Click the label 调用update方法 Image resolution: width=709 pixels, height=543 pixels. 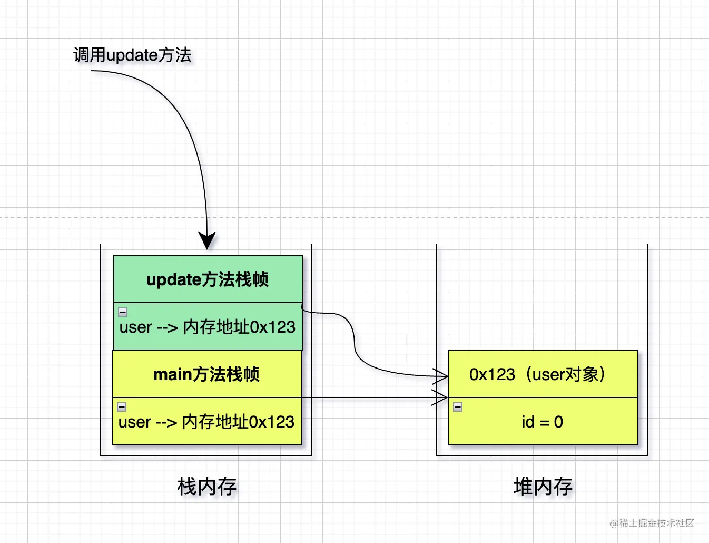tap(132, 55)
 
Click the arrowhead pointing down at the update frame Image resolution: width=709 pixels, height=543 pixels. tap(207, 240)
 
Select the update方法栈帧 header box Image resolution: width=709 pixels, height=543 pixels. tap(208, 279)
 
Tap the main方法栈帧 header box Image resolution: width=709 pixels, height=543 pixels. tap(206, 374)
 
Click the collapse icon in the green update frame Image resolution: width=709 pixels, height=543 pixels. tap(123, 312)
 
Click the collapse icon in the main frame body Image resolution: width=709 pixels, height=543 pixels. tap(122, 407)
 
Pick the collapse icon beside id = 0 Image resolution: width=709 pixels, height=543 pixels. tap(458, 407)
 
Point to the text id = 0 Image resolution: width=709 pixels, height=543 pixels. tap(542, 422)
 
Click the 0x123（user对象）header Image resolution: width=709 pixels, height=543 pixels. tap(537, 374)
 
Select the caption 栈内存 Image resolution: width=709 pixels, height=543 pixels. tap(206, 486)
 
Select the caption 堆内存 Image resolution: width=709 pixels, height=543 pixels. tap(543, 486)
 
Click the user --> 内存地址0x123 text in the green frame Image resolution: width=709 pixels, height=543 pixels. tap(208, 327)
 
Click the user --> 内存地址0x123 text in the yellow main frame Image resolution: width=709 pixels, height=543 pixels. tap(206, 422)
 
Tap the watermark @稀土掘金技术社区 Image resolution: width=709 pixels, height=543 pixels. tap(652, 523)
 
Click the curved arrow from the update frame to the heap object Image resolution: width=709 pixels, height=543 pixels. tap(354, 343)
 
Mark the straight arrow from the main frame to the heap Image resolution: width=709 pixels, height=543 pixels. tap(369, 397)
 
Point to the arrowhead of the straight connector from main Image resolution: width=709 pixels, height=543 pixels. tap(440, 397)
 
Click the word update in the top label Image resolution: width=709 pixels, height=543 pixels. tap(132, 55)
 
